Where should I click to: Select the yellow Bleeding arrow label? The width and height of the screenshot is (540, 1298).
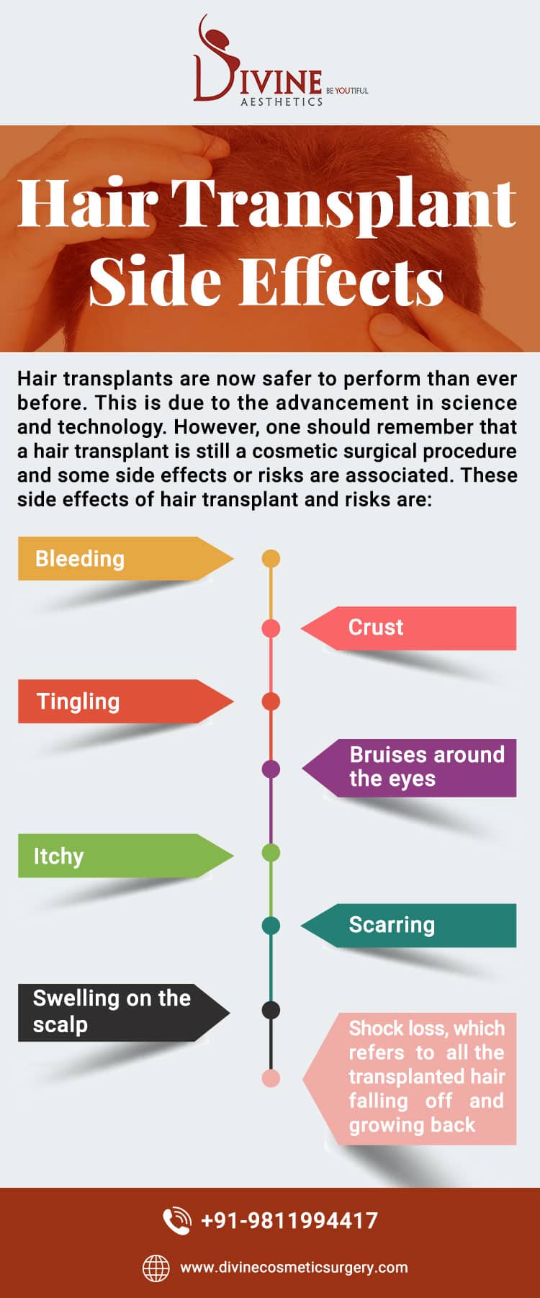point(126,558)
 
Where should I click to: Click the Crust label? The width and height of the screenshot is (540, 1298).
point(408,628)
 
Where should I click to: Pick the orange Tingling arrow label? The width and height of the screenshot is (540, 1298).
point(126,701)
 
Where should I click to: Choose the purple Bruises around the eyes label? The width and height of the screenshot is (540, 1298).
point(409,768)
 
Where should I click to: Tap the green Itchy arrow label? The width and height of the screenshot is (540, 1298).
point(126,856)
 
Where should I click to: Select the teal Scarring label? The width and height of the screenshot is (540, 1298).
point(408,926)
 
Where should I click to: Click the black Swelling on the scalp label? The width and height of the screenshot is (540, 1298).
point(124,1013)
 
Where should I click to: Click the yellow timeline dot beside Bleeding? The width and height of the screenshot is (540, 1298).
point(271,558)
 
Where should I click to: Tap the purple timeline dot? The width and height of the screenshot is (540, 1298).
point(271,769)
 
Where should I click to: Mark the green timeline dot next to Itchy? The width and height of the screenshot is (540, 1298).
point(271,853)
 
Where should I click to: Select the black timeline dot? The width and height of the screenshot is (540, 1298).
point(271,1010)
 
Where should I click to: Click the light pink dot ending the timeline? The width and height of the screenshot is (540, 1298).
point(271,1078)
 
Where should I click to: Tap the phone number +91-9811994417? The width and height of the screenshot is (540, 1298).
point(289,1220)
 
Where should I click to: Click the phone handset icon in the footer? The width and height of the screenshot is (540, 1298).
point(176,1221)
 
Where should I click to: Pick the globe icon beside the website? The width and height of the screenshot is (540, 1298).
point(156,1268)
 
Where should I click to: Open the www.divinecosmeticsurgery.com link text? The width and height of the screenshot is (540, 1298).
point(294,1267)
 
